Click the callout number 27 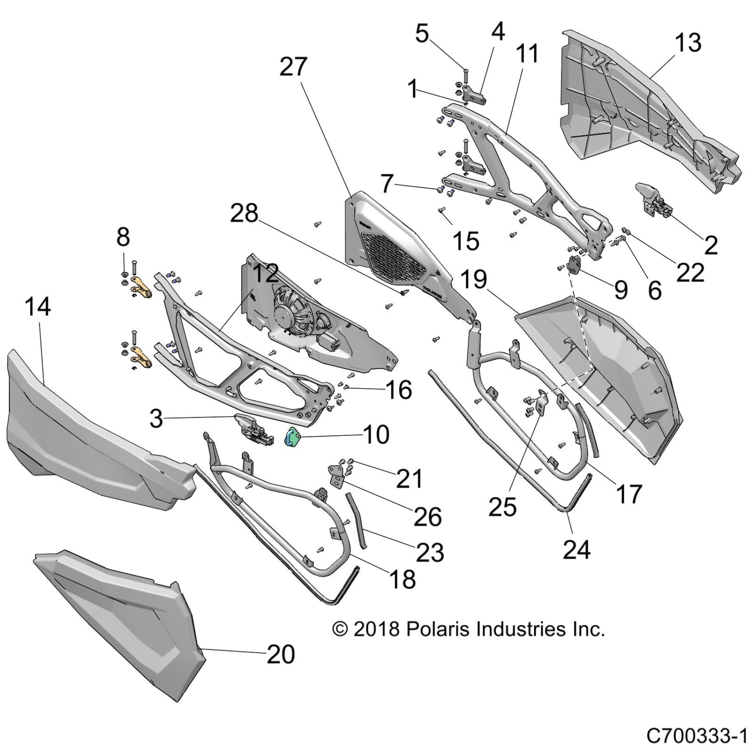pos(293,67)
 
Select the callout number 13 pos(688,43)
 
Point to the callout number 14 pos(38,307)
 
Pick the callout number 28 pos(244,213)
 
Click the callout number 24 pos(577,550)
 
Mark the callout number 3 pos(156,418)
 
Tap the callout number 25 pos(503,506)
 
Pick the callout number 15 pos(466,241)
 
